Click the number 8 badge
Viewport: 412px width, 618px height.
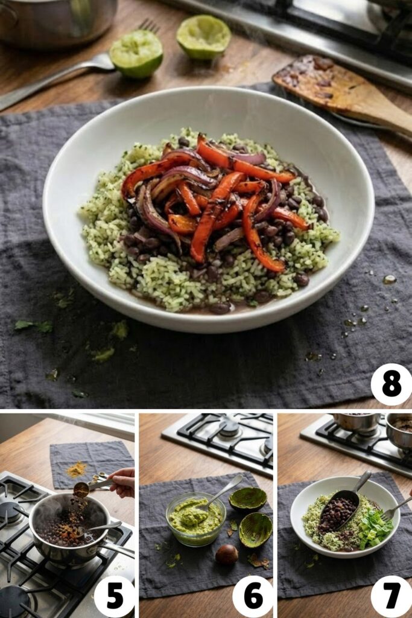[391, 384]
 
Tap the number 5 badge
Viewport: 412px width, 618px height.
[115, 596]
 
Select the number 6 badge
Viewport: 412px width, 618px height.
[253, 596]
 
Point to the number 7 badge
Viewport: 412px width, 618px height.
[391, 596]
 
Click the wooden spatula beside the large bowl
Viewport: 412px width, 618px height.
[338, 91]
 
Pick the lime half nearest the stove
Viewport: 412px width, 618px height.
[203, 37]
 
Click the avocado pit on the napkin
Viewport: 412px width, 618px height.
[227, 554]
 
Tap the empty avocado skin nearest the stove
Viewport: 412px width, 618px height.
[248, 499]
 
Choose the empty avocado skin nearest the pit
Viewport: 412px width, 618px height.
[255, 529]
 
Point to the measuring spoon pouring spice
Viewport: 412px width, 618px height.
[82, 489]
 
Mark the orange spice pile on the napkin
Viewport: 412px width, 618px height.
[77, 469]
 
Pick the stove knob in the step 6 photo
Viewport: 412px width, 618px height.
[229, 427]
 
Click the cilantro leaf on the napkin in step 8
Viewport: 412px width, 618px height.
[33, 326]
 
